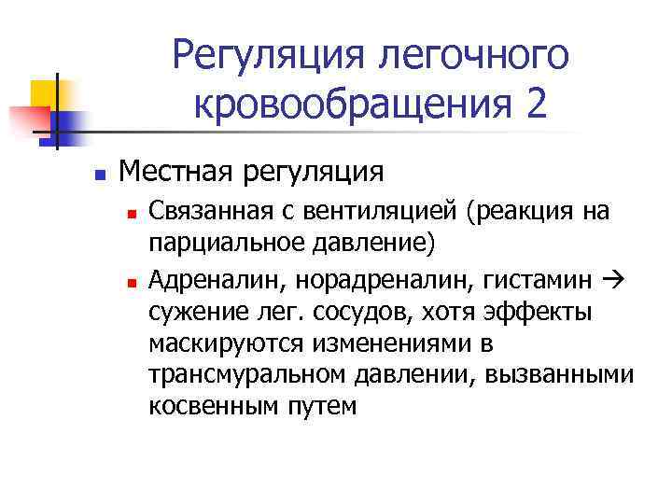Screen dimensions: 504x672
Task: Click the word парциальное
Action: [x=211, y=244]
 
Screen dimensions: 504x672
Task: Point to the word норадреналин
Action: [x=350, y=277]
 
